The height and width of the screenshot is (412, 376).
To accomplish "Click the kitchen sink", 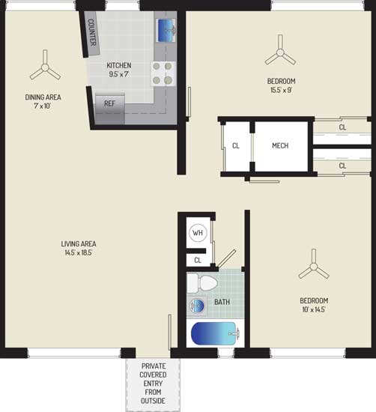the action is tap(166, 30).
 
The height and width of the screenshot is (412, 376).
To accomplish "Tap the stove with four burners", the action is tap(163, 73).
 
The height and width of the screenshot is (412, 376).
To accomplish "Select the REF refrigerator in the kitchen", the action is tap(110, 109).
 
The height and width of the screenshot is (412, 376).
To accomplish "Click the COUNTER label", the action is tap(91, 32).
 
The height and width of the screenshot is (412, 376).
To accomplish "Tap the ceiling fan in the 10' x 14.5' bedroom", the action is tap(314, 265).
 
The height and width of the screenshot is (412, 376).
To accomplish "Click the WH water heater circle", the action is tap(198, 233).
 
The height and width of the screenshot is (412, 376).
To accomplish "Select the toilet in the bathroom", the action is tap(202, 283).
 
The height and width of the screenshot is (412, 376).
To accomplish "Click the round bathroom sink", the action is tap(197, 306).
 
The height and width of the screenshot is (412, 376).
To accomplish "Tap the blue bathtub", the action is tap(216, 333).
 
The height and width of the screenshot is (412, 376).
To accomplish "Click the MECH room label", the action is tap(280, 145).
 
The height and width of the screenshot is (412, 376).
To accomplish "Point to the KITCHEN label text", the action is tap(119, 65).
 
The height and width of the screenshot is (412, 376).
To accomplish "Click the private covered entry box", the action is tap(153, 385).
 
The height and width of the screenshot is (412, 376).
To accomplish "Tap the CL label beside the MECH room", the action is tap(236, 145).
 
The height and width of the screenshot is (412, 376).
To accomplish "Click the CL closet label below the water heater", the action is tap(198, 261).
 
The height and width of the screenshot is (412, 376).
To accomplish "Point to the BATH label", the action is tap(222, 302).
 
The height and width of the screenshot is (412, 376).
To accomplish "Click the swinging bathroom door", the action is tap(227, 258).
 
